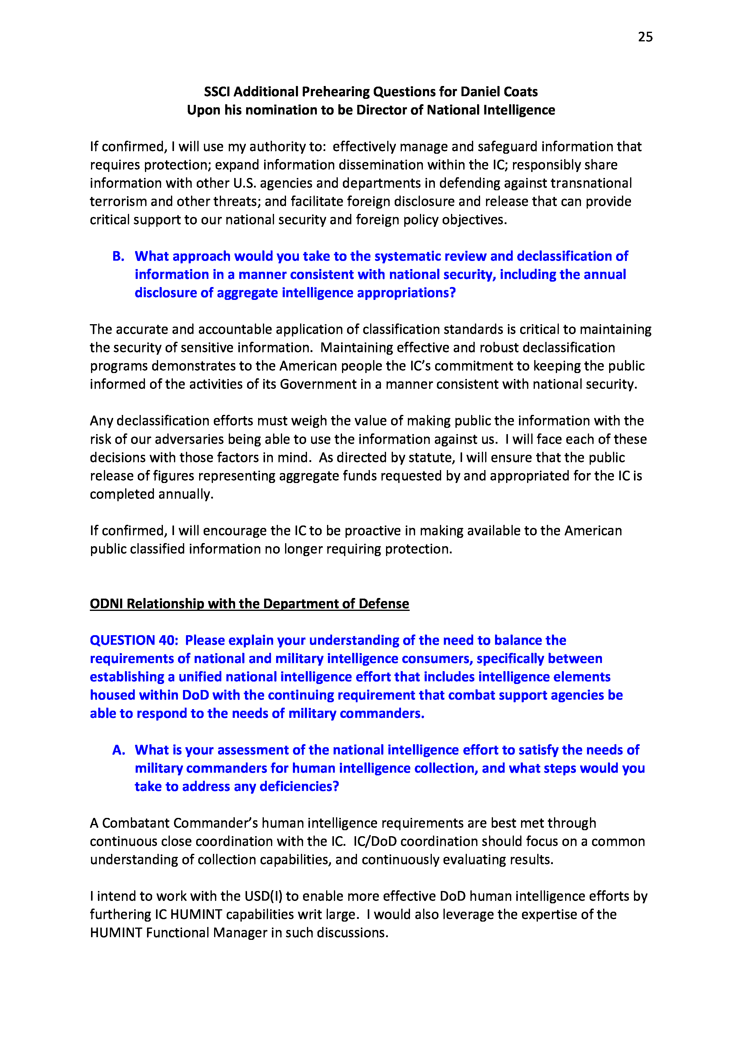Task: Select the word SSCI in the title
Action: [x=217, y=92]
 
